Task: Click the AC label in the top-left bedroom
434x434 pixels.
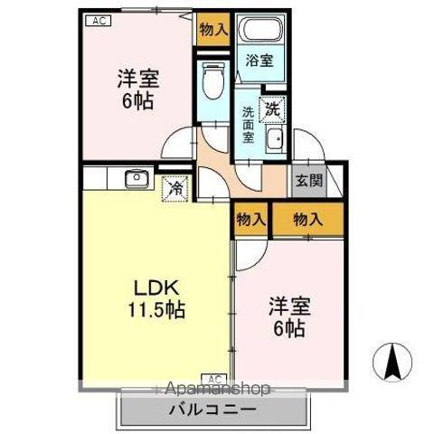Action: coord(99,20)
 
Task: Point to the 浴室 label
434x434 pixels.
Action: coord(259,61)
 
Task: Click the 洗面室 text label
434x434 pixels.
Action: coord(248,126)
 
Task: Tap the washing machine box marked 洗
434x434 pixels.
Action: coord(272,108)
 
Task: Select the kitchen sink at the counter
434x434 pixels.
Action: coord(136,178)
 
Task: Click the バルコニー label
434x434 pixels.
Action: coord(212,410)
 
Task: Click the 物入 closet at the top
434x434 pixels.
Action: coord(213,30)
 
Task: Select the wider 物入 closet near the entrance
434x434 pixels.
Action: coord(307,218)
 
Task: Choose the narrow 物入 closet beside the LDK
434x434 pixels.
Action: coord(251,218)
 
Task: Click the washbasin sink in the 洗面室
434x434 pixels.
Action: coord(275,140)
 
